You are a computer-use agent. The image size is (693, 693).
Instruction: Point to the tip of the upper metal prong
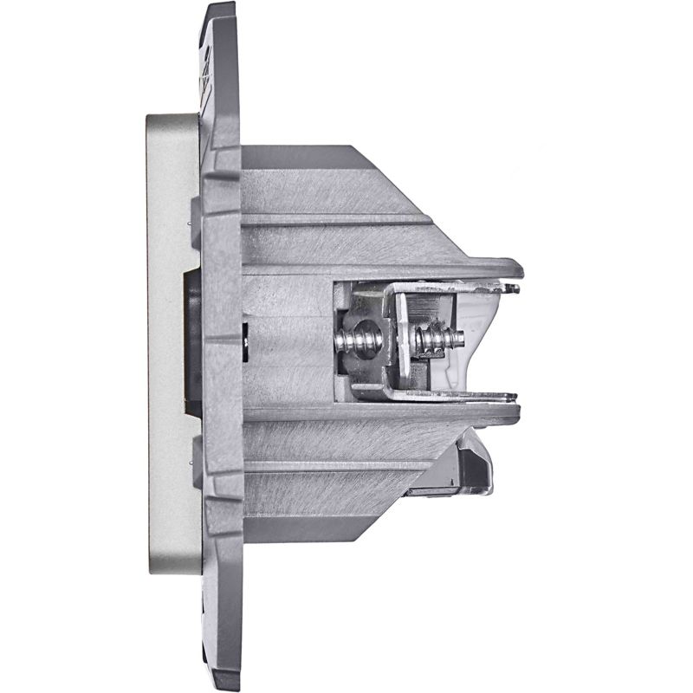coord(514,288)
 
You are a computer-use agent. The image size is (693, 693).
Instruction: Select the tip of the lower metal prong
coord(511,397)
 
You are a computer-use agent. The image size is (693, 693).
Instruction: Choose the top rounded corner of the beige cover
coord(152,120)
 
